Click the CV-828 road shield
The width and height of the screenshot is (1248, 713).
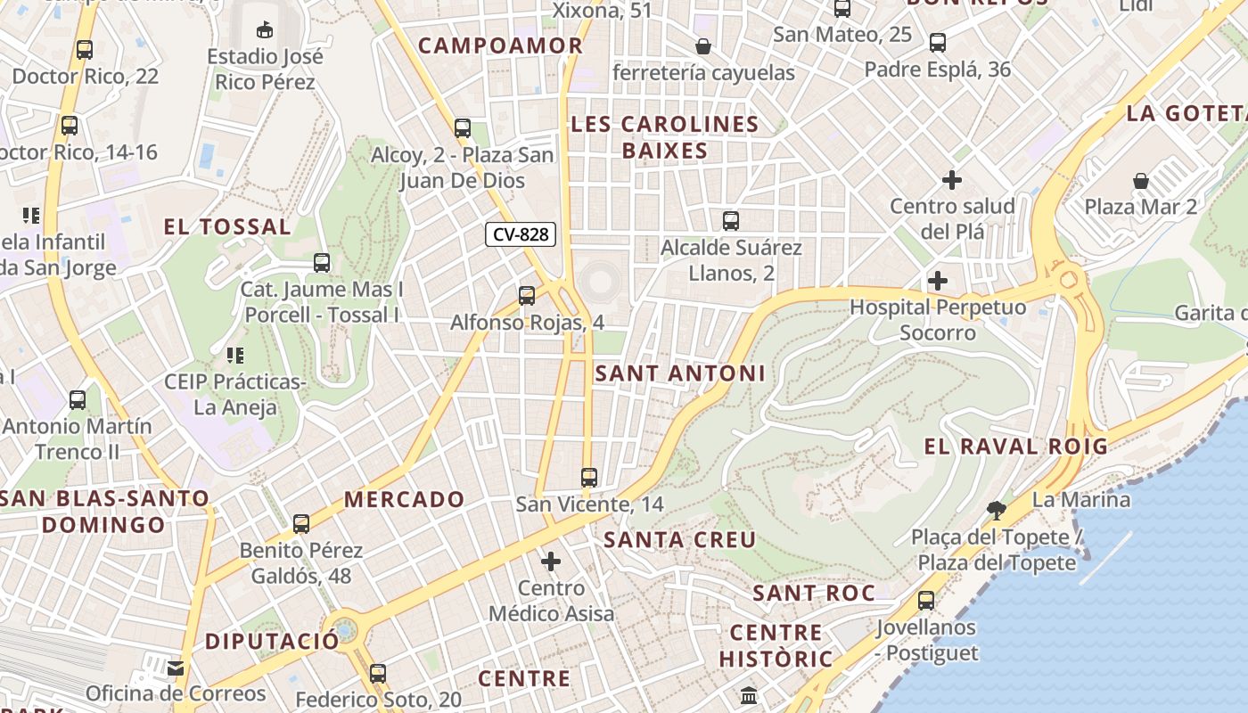pos(521,235)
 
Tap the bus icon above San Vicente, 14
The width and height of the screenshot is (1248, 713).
pos(588,477)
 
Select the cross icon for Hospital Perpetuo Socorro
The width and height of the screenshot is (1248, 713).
pos(937,281)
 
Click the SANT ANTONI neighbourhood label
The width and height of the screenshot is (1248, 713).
pos(679,373)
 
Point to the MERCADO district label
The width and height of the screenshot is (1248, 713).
pos(405,499)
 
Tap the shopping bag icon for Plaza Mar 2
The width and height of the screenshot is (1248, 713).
pos(1140,181)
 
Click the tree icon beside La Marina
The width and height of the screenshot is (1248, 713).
pos(997,510)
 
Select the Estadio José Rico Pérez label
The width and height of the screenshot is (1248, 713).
pos(265,70)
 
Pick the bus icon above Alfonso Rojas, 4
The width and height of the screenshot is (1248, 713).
pos(527,295)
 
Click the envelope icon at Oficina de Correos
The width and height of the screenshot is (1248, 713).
pos(176,668)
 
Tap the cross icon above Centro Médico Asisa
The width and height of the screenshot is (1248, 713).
pos(551,561)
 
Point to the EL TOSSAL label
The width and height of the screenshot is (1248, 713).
pos(227,227)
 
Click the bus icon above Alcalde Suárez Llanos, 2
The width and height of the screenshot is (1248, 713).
pos(731,220)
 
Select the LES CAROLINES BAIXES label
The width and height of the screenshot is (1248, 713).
pos(665,137)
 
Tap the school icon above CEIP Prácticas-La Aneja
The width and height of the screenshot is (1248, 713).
pos(235,356)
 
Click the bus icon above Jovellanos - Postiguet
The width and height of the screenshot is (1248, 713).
pos(926,600)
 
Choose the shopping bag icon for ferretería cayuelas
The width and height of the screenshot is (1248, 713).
pos(703,46)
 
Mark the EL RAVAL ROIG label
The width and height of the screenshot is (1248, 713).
pos(1015,447)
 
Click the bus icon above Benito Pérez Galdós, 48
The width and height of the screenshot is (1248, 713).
pos(301,523)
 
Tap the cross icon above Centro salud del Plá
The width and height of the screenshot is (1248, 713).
pos(952,180)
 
